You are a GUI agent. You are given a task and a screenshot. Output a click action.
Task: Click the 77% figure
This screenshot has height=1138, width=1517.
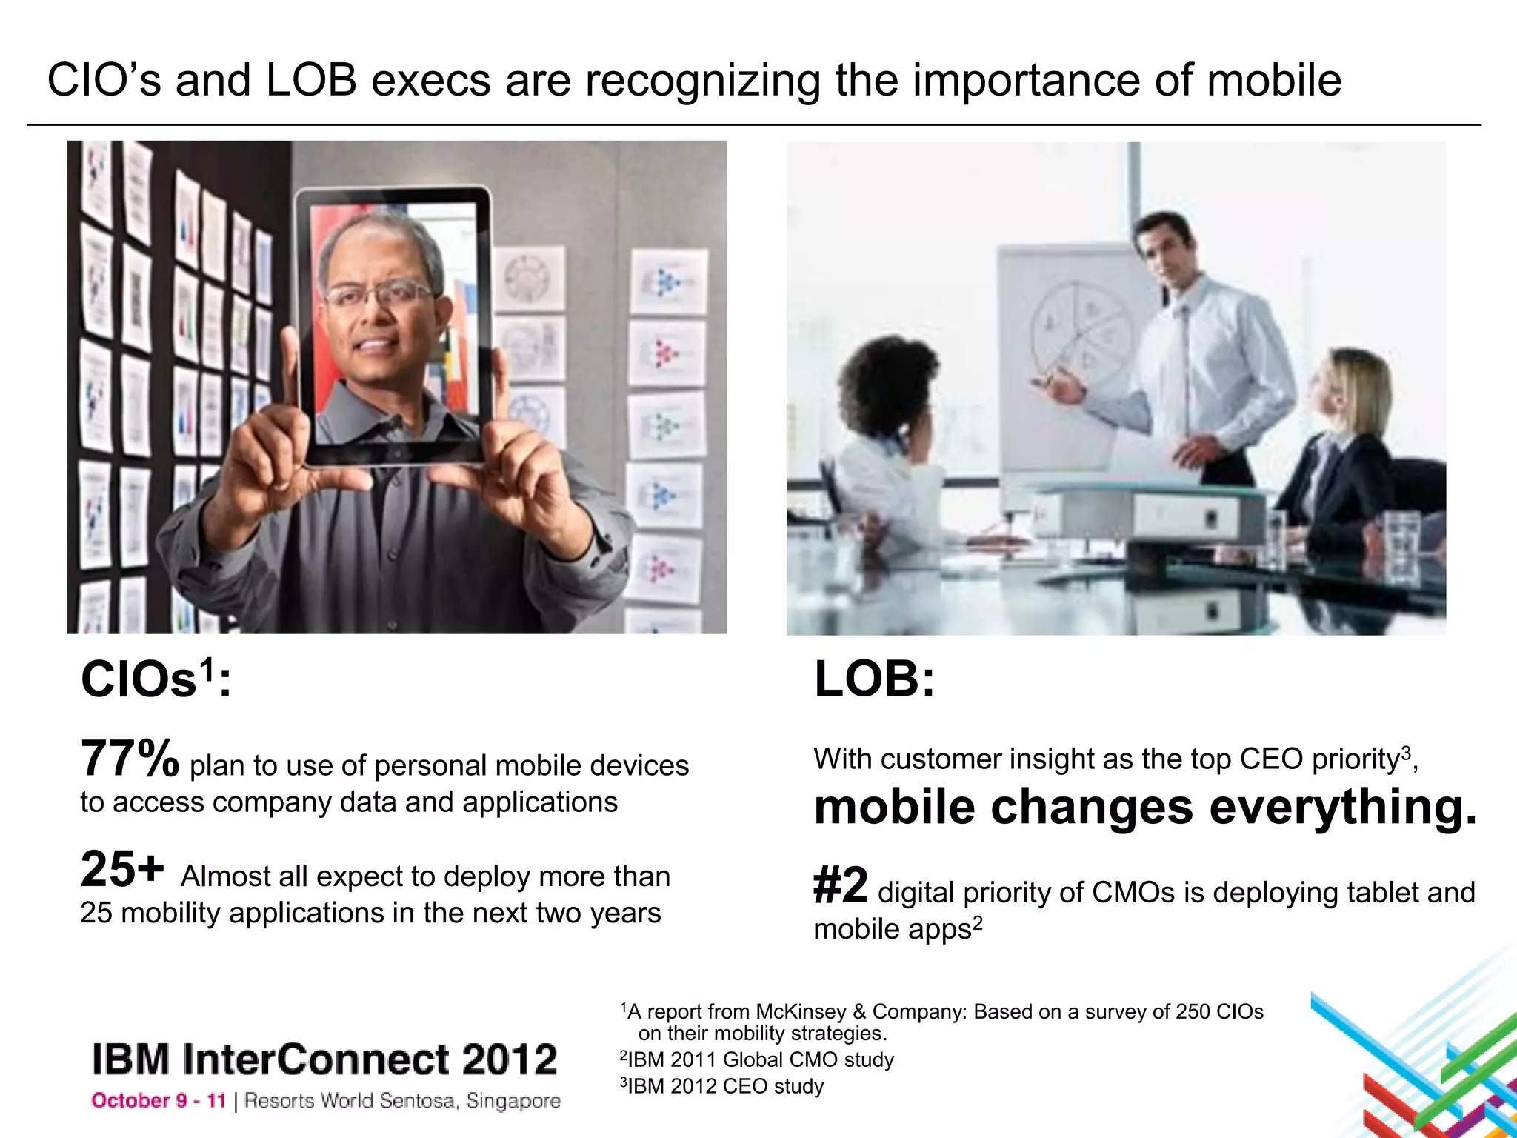(129, 759)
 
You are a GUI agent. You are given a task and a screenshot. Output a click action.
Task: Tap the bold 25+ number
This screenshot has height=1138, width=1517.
(121, 869)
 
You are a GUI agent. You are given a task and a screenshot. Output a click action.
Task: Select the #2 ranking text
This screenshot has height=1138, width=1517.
(840, 885)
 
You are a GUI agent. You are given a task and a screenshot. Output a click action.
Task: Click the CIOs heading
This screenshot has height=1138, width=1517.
(155, 679)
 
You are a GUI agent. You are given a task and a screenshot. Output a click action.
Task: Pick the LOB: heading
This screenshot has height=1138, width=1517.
(874, 679)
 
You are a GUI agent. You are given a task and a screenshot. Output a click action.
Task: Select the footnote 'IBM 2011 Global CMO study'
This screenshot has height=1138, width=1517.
(757, 1060)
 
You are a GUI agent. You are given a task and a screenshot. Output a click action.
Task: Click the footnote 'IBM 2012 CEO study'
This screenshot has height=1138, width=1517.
(722, 1087)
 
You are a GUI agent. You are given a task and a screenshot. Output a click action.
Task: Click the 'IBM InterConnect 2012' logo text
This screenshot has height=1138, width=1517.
(324, 1059)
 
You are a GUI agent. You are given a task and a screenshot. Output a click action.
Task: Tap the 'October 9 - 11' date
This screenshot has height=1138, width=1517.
(158, 1101)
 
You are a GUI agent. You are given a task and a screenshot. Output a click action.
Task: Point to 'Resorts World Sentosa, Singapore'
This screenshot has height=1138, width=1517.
(402, 1101)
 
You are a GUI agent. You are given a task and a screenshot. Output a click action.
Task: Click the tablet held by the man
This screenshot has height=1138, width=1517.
(393, 326)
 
